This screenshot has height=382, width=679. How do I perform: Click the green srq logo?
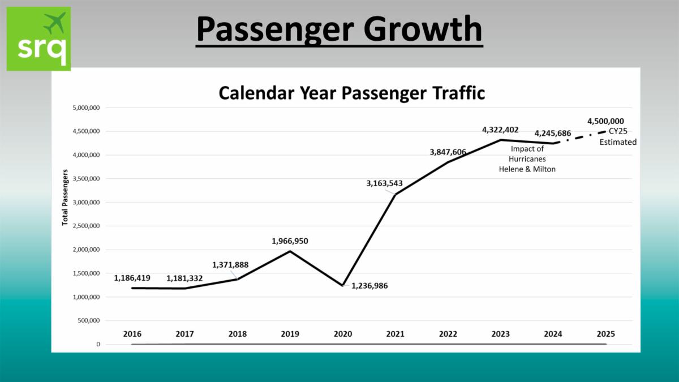coord(38,38)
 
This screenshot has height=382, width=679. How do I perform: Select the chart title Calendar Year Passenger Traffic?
coord(352,93)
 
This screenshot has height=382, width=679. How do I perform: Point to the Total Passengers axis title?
coord(65,197)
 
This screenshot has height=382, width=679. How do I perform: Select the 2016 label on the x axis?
coord(132,334)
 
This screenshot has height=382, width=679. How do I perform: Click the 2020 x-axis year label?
coord(343,334)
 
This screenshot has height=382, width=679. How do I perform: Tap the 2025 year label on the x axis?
coord(605,334)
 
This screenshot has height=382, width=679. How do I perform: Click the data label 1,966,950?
coord(290,241)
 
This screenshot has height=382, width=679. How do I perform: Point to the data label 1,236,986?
coord(369,286)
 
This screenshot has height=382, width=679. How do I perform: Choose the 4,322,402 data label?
coord(500,130)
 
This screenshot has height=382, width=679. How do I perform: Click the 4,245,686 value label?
coord(553,134)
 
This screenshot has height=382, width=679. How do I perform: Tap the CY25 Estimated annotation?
coord(618,137)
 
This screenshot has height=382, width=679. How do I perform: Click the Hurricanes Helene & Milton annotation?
coord(527,159)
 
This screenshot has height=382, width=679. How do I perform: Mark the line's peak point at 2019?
coord(290,251)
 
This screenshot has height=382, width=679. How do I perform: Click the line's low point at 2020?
coord(343,285)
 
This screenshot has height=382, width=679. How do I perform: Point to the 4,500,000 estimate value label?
coord(605,121)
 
